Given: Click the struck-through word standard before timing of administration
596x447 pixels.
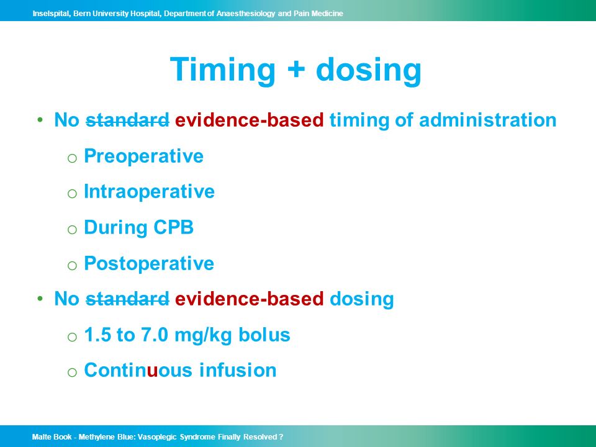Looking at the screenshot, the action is pos(127,120).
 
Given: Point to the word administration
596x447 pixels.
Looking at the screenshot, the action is pos(488,120).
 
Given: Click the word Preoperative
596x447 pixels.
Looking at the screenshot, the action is pos(143,156).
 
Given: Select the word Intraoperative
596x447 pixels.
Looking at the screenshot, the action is pos(149,192).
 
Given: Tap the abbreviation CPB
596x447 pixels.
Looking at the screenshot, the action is pos(173,227).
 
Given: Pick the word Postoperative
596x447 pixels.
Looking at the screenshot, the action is pos(149,263).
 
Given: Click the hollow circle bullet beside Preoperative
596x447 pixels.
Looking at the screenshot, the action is pos(72,158).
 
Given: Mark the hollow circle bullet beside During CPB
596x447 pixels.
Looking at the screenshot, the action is pos(72,229).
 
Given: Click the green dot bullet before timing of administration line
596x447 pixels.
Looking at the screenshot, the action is pos(40,120).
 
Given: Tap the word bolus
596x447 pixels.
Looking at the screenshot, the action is pos(264,335).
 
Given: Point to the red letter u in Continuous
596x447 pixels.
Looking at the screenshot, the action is pos(153,371).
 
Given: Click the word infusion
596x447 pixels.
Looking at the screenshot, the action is pos(238,370).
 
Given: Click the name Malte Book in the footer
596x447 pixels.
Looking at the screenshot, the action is pos(52,436).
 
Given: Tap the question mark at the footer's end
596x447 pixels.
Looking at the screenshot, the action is pos(281,436).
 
